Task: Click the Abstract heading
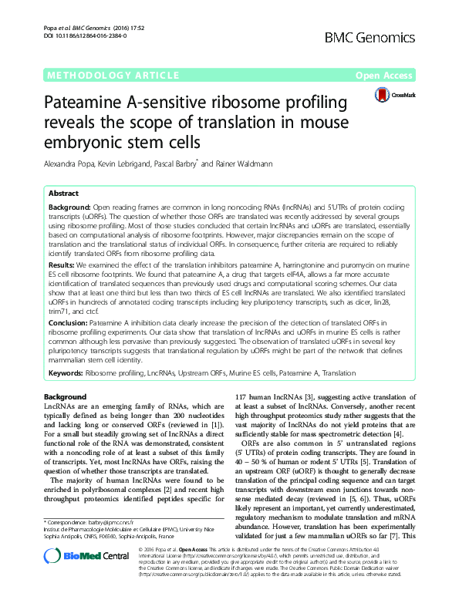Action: pyautogui.click(x=63, y=194)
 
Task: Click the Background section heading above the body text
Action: pyautogui.click(x=66, y=396)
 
